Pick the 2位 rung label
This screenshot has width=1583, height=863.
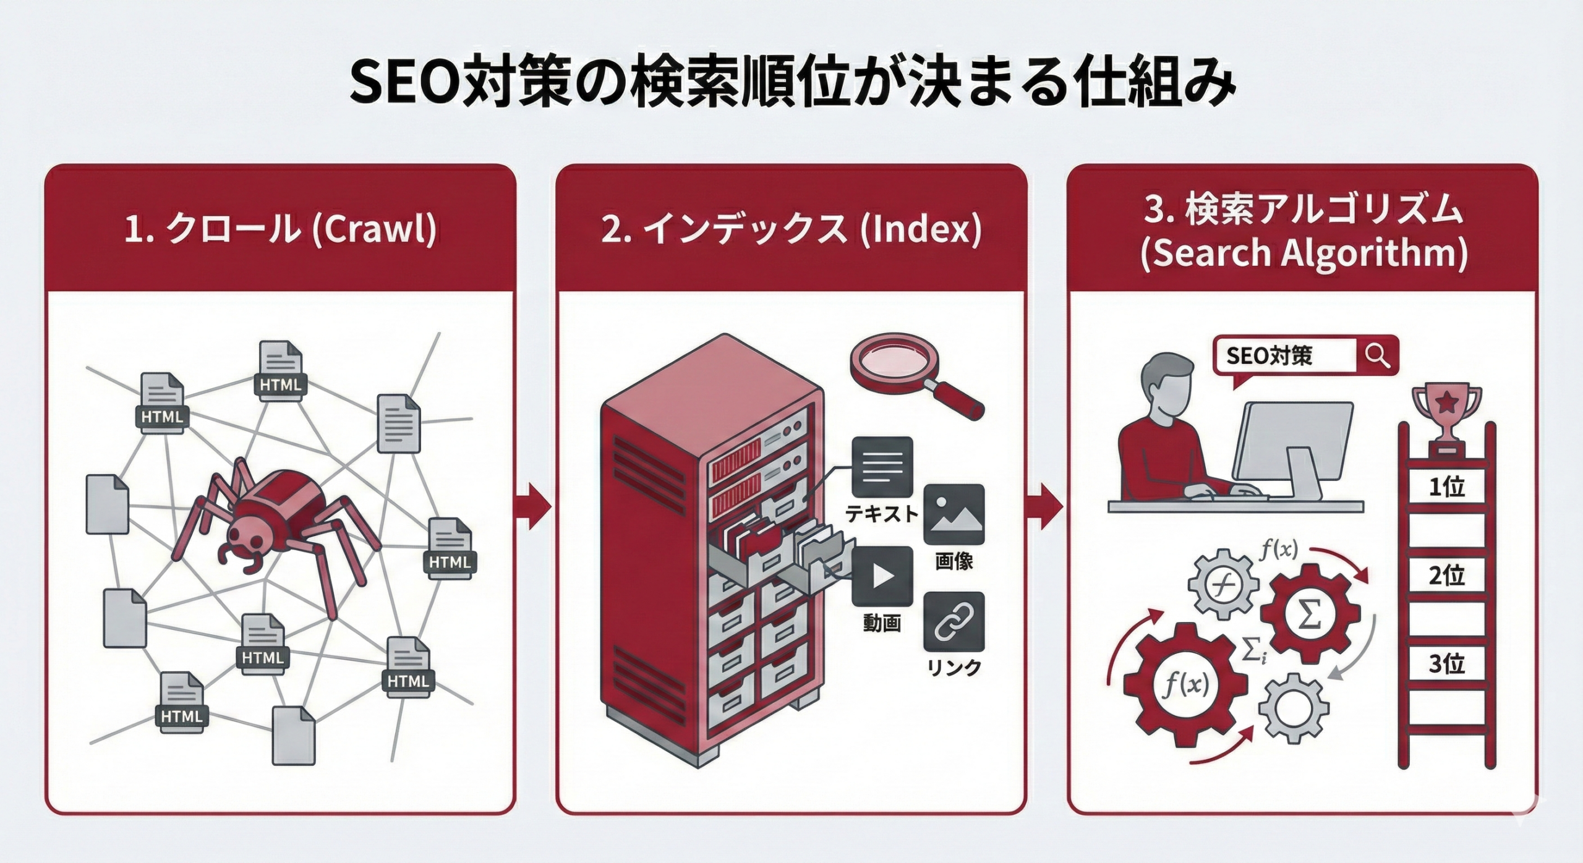(x=1446, y=576)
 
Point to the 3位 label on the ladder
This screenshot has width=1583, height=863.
(x=1446, y=664)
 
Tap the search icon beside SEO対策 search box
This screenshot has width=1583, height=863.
(x=1377, y=355)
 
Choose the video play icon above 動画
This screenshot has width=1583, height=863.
(x=882, y=577)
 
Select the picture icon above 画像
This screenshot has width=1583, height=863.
(x=954, y=515)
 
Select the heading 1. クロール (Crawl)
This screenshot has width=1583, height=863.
(x=279, y=229)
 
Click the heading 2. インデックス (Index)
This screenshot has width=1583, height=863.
(x=791, y=229)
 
